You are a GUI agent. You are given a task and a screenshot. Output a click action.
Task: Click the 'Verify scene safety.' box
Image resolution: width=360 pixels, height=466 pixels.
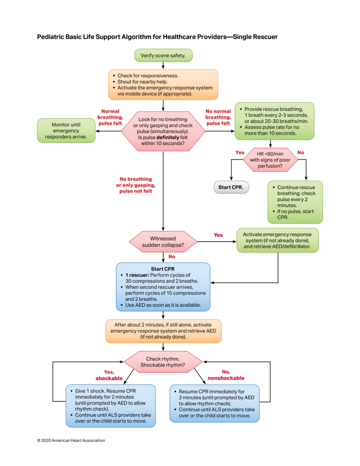pyautogui.click(x=163, y=55)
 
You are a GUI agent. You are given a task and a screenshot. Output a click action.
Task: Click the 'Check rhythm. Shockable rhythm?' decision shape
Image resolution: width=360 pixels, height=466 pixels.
pyautogui.click(x=163, y=361)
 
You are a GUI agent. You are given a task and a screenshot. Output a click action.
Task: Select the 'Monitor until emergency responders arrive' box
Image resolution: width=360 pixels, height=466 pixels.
pyautogui.click(x=66, y=131)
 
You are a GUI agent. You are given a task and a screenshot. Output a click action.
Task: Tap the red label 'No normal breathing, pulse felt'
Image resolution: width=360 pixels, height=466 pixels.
pyautogui.click(x=218, y=117)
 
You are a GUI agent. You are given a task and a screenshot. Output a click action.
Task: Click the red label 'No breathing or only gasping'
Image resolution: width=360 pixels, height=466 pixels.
pyautogui.click(x=135, y=185)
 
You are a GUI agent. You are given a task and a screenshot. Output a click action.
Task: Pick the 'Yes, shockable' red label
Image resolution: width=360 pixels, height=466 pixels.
pyautogui.click(x=109, y=375)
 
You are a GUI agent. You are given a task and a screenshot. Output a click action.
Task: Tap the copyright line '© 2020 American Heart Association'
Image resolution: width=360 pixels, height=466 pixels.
pyautogui.click(x=71, y=440)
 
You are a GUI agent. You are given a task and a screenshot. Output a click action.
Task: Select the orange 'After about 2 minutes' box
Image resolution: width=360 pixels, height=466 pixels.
pyautogui.click(x=163, y=330)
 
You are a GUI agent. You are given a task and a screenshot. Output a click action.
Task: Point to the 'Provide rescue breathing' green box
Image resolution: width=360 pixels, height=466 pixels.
pyautogui.click(x=274, y=120)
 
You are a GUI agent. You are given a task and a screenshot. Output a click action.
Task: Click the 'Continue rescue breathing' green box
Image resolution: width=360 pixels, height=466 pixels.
pyautogui.click(x=295, y=202)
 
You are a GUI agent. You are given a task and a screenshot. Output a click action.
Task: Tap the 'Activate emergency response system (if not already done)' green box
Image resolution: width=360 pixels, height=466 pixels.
pyautogui.click(x=278, y=240)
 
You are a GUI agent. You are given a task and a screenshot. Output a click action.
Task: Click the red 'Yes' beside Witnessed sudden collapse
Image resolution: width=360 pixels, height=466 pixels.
pyautogui.click(x=218, y=235)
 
